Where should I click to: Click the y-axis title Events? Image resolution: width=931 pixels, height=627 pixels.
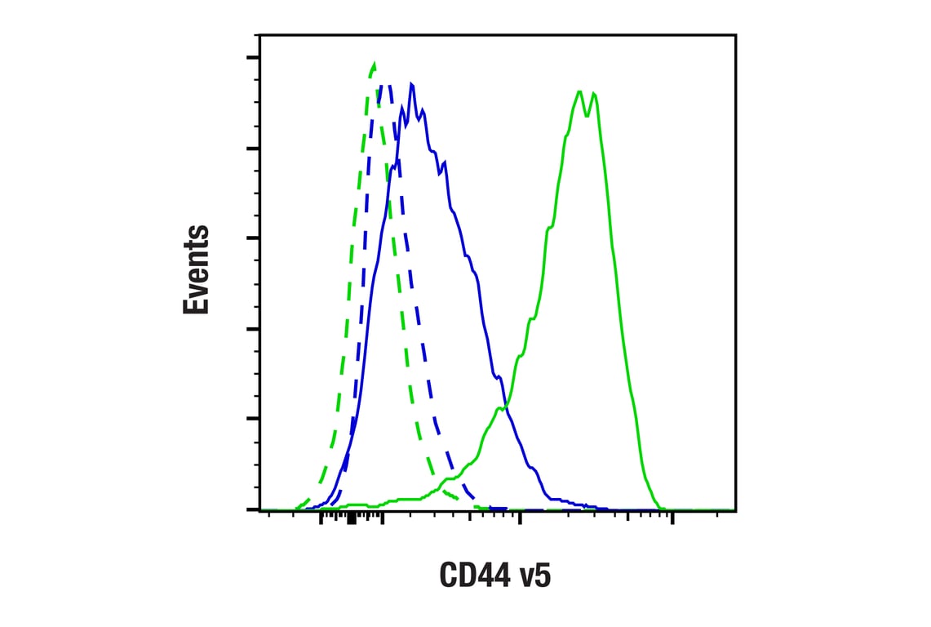pos(196,269)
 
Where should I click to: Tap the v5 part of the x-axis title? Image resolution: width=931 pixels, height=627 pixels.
pos(534,576)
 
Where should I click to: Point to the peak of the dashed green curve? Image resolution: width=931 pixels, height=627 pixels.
pos(374,63)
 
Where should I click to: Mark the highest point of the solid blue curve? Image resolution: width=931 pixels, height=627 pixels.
pos(412,84)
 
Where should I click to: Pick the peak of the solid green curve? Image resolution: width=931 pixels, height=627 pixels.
pos(579,91)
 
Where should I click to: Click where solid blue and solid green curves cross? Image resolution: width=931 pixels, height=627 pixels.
pos(505,407)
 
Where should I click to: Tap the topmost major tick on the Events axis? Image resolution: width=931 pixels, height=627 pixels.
pos(253,58)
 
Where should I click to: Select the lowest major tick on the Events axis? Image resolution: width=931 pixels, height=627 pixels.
pos(253,509)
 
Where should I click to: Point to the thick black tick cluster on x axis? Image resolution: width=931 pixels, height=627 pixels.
pos(351,518)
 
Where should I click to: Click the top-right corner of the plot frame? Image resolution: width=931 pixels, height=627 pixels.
pos(736,34)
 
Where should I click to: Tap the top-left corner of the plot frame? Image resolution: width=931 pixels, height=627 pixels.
pos(259,34)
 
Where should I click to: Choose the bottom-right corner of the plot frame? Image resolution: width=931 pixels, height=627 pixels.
pos(736,510)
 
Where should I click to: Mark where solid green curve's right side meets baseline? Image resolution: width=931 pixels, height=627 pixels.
pos(661,508)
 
